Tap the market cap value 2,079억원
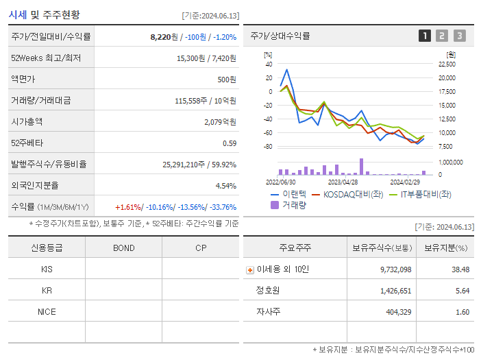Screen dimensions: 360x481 220,121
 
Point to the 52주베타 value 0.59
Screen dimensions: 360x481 230,143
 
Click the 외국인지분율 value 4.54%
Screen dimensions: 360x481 225,185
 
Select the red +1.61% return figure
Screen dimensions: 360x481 128,207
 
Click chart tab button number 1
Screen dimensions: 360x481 425,36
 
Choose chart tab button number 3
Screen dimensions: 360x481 459,36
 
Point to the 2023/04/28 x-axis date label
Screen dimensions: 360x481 343,182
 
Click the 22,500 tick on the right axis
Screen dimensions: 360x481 446,64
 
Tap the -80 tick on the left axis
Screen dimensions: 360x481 268,147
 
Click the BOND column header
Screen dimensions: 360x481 124,248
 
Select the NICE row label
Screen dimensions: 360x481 47,311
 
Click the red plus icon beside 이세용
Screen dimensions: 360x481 249,269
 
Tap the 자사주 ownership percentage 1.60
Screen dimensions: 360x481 462,312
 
